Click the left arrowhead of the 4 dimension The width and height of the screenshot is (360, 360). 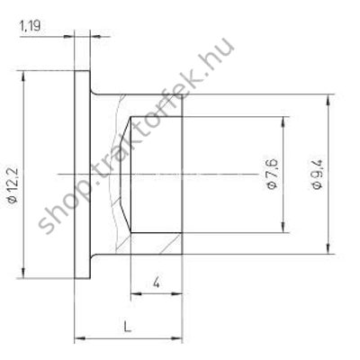[x=134, y=293]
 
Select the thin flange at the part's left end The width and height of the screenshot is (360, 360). [x=82, y=173]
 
